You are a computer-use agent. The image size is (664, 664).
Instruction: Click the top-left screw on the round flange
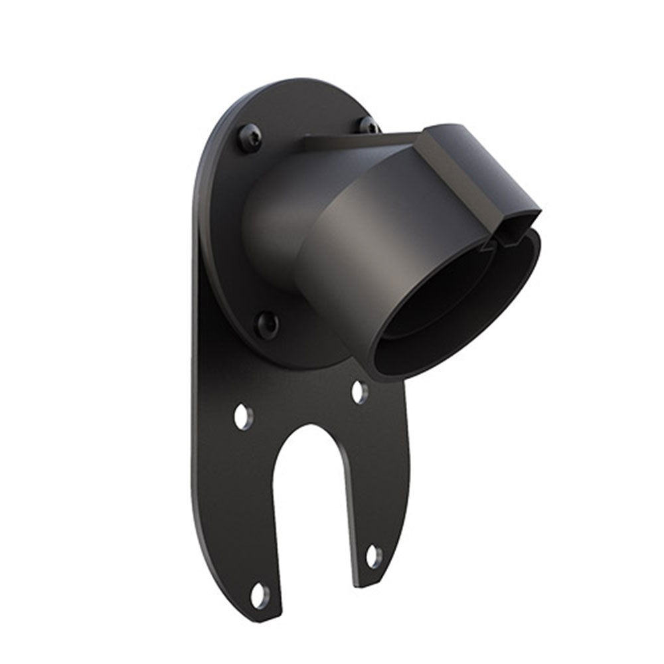[250, 138]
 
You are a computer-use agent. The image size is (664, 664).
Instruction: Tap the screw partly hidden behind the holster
[367, 125]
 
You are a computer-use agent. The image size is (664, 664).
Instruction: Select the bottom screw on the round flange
[267, 325]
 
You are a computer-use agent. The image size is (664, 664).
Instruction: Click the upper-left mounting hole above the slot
[243, 416]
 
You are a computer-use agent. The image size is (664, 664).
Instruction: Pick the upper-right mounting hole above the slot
[359, 392]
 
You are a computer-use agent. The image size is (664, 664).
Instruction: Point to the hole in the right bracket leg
[374, 556]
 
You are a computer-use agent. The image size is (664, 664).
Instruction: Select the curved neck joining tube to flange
[272, 219]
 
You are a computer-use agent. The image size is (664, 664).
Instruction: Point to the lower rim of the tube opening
[425, 372]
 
